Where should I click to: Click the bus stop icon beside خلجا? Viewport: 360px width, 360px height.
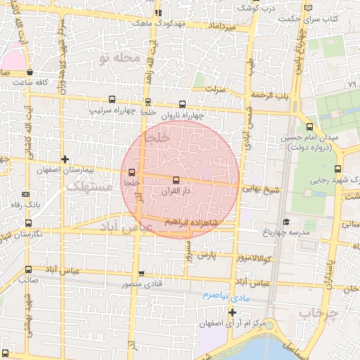[131, 172]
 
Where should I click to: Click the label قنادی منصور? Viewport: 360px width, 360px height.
[143, 285]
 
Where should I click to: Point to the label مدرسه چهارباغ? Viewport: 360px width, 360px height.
[285, 232]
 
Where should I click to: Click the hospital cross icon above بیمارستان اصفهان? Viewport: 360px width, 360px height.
[65, 160]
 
